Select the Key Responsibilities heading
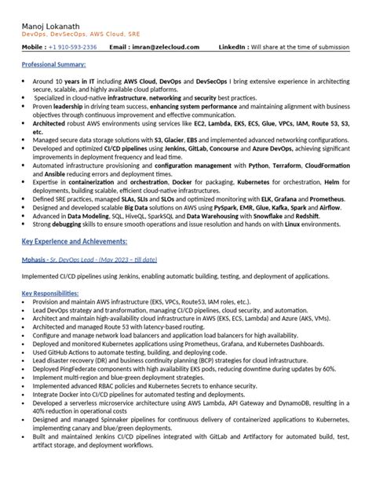tap(52, 293)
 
